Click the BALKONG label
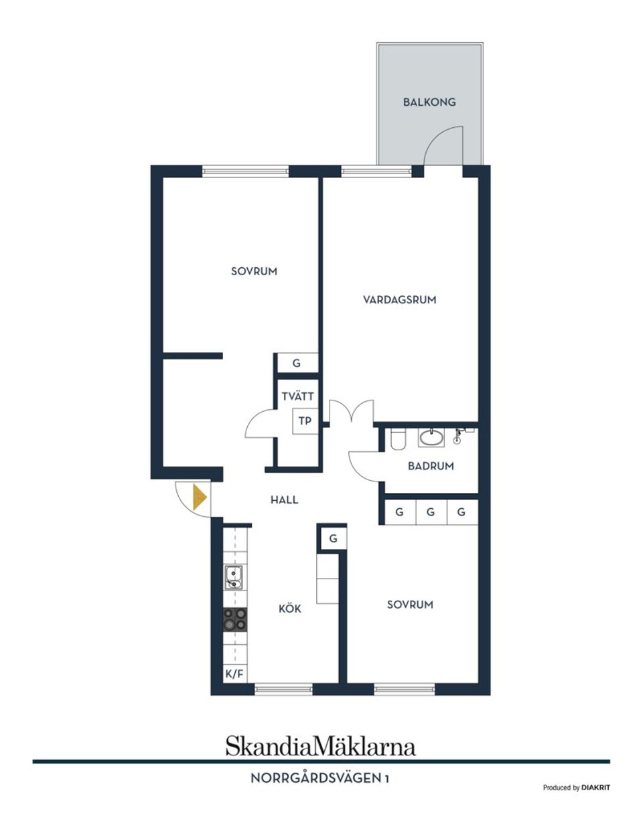tap(429, 102)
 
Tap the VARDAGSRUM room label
tap(399, 300)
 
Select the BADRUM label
tap(431, 466)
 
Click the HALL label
tap(284, 500)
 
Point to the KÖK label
tap(289, 609)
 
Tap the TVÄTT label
tap(297, 396)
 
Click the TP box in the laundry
tap(305, 421)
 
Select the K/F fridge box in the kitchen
tap(234, 674)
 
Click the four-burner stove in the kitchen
tap(234, 619)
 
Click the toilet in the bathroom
tap(397, 439)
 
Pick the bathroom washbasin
tap(430, 439)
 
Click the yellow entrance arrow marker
tap(198, 498)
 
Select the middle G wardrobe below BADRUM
tap(431, 512)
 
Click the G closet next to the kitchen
tap(333, 538)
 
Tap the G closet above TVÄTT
tap(296, 364)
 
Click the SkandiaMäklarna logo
tap(320, 745)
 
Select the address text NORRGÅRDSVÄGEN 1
tap(320, 779)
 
